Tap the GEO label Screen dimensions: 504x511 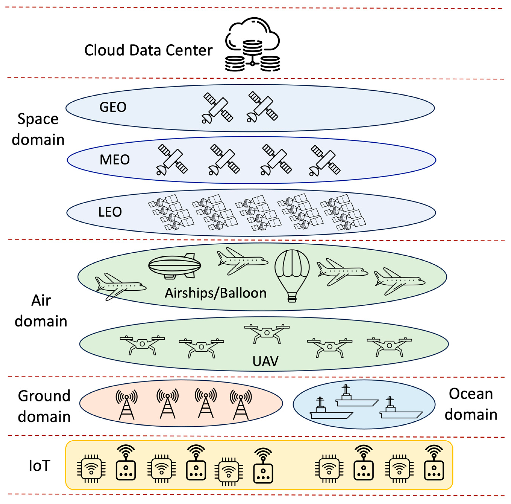coord(113,107)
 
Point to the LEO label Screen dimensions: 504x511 coord(110,212)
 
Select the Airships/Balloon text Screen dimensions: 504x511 coord(216,293)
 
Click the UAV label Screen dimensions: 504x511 coord(266,361)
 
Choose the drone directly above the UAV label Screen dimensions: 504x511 coord(267,333)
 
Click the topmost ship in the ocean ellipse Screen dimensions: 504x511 coord(356,397)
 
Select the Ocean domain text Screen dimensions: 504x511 coord(471,404)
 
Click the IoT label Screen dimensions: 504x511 coord(39,466)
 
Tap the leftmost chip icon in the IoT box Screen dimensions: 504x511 coord(91,469)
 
